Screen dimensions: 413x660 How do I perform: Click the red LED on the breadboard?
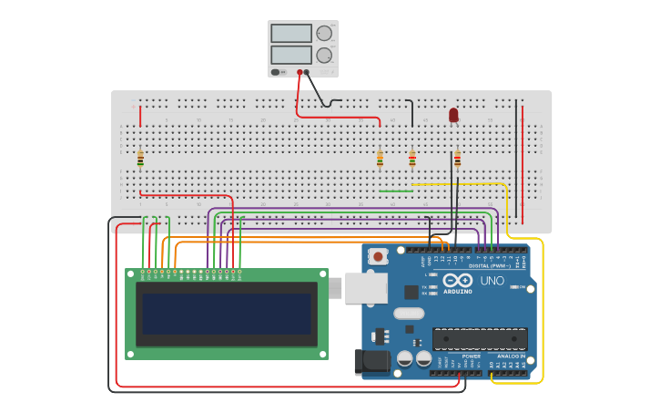(453, 114)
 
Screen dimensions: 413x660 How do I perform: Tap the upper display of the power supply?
(290, 33)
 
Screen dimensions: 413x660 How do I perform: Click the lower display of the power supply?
(290, 55)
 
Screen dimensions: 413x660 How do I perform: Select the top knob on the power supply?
(324, 33)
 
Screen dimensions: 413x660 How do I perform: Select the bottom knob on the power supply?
(324, 55)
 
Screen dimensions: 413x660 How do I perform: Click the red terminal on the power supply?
(300, 72)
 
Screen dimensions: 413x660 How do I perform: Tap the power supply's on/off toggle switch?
(276, 72)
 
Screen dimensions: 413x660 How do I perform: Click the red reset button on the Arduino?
(377, 257)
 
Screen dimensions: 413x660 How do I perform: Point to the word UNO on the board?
(492, 281)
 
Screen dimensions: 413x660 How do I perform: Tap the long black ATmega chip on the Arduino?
(480, 339)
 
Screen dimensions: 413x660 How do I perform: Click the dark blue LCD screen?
(227, 314)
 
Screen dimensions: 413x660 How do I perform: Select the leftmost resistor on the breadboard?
(140, 160)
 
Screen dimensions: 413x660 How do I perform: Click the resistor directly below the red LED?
(457, 160)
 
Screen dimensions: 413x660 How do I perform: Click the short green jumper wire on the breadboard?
(395, 191)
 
